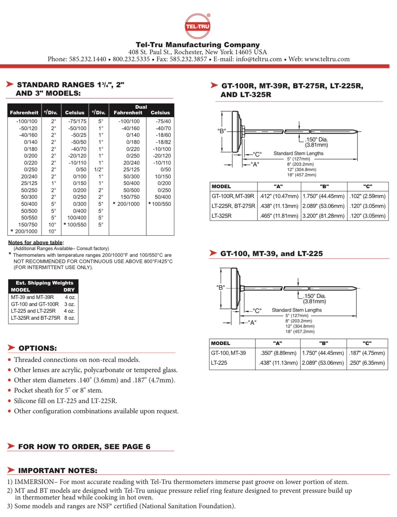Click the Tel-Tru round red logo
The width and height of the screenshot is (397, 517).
[x=198, y=26]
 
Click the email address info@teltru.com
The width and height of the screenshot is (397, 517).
[x=259, y=59]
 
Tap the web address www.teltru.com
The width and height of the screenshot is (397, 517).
[x=327, y=59]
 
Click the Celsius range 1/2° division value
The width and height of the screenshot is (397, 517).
[x=98, y=170]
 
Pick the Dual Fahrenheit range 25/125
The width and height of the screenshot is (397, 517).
[x=131, y=170]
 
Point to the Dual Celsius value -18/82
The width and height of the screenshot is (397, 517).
[x=164, y=142]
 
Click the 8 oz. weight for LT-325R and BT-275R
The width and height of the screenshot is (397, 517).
[x=69, y=318]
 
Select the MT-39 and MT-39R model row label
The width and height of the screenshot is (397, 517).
[x=32, y=297]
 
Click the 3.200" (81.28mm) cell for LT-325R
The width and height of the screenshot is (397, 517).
[x=324, y=216]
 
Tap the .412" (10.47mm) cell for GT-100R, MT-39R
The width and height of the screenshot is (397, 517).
[x=279, y=196]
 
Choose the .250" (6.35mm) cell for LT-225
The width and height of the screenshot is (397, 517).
[x=367, y=363]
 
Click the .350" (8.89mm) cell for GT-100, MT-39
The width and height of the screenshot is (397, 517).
[x=278, y=353]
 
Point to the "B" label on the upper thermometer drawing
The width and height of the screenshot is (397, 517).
[x=221, y=131]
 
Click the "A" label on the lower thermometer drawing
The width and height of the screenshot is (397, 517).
[x=252, y=322]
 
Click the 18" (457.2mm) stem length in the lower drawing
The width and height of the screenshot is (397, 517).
[x=300, y=332]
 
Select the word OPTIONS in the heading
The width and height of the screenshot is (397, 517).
[x=38, y=348]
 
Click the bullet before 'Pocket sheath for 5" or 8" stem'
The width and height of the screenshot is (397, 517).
[x=10, y=391]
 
